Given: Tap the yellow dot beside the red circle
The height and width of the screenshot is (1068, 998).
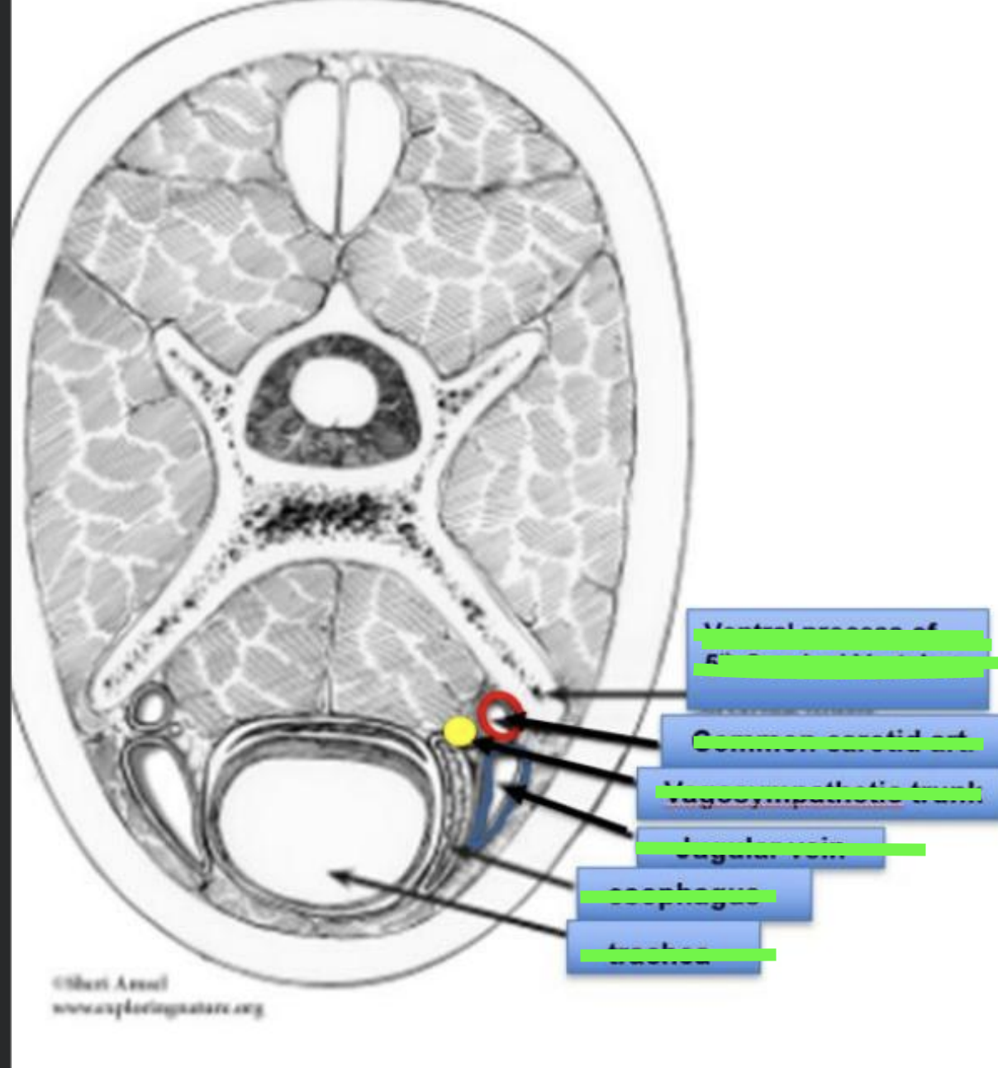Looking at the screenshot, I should pos(459,732).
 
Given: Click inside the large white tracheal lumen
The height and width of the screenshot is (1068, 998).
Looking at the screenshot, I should pos(297,835).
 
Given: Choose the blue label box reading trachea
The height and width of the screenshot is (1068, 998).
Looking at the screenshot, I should pos(663,947).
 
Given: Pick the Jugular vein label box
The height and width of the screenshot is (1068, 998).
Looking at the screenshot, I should pos(760,847).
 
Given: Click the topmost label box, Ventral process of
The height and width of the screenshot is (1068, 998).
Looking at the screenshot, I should pos(837,658).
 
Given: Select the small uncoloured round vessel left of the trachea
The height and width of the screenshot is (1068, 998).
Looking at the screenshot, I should pos(153,708).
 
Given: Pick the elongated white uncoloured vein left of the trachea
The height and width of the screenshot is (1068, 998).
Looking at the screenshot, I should pos(157,785).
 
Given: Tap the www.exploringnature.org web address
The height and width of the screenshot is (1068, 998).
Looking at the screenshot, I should pos(157,1008).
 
